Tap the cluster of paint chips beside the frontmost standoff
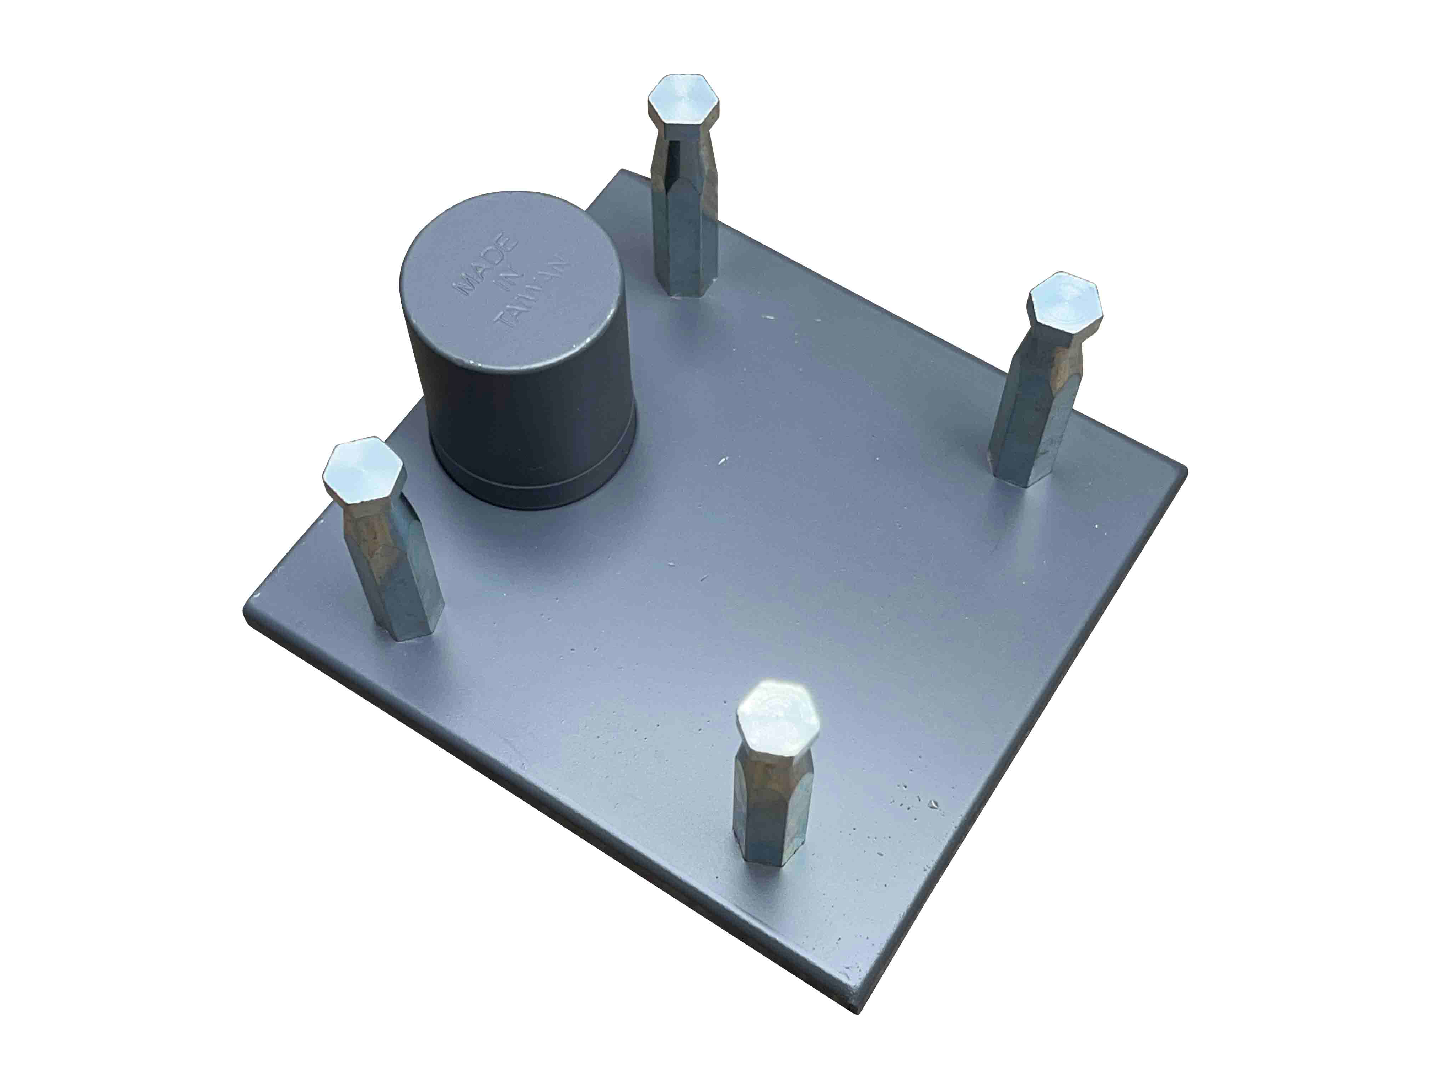click(920, 803)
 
